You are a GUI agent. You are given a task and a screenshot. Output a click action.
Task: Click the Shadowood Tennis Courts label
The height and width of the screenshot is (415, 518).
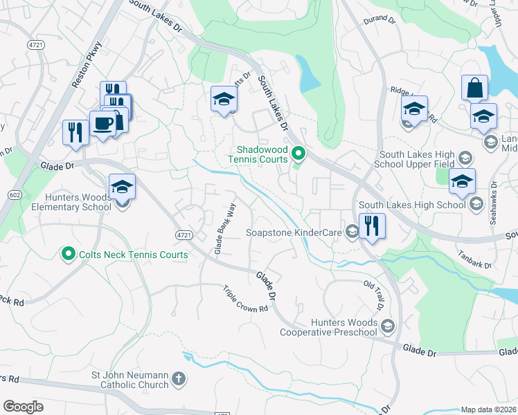tap(262, 154)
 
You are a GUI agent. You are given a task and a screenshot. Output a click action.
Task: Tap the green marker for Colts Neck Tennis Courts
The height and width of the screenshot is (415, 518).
tap(68, 255)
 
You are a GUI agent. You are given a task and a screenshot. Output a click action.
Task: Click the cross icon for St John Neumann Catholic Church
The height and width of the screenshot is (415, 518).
tap(179, 378)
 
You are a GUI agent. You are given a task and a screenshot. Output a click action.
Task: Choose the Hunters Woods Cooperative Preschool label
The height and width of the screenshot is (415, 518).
tap(328, 327)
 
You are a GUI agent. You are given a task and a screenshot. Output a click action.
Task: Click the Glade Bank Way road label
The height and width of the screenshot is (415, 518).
tap(222, 228)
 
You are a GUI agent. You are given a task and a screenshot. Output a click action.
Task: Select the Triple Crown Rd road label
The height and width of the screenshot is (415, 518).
tap(245, 299)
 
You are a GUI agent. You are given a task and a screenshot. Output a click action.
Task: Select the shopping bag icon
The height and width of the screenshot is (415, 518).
tap(474, 89)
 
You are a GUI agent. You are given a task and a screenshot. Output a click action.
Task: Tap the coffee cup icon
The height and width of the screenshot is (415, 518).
tap(103, 124)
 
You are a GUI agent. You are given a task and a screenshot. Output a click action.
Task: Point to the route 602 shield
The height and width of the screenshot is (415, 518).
tap(14, 196)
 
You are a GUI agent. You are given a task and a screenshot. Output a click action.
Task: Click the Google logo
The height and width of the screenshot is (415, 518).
tap(23, 406)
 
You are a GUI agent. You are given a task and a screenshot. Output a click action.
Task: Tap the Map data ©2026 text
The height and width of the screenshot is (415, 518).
tap(488, 409)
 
